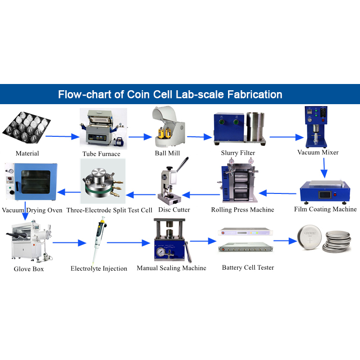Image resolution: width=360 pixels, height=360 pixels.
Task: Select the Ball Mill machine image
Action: [168, 127]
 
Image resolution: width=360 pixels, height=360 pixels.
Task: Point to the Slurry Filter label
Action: [238, 153]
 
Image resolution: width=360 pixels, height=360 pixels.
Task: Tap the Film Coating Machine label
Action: [325, 209]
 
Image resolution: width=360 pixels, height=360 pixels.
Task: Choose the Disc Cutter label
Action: [174, 210]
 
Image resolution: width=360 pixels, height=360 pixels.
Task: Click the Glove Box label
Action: [29, 269]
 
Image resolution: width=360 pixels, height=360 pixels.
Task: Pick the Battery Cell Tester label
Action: [248, 268]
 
